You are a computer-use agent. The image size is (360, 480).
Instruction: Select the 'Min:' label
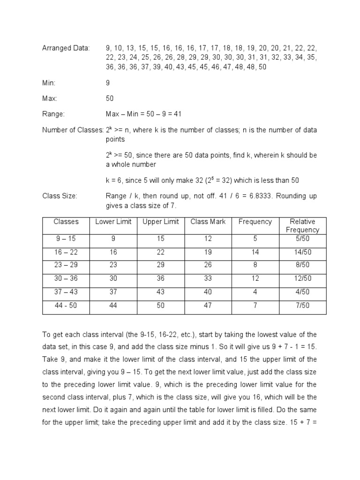[49, 82]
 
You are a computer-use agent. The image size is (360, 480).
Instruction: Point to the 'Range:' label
[53, 114]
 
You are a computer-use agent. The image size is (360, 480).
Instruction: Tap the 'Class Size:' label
[60, 196]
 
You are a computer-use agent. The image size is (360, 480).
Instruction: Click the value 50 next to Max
[110, 98]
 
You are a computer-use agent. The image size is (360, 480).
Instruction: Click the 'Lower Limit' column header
[113, 222]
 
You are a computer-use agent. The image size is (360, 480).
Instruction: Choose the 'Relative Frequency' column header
[302, 225]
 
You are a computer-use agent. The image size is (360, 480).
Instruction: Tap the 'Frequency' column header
[255, 222]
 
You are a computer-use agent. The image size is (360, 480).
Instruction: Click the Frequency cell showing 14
[255, 252]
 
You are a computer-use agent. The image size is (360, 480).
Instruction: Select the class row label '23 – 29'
[66, 265]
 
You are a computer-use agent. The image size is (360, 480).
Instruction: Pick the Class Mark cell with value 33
[208, 278]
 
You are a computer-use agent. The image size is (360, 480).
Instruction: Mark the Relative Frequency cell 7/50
[302, 306]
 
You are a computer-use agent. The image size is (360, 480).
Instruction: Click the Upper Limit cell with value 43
[160, 292]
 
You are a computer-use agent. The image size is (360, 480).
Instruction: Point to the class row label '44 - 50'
[66, 306]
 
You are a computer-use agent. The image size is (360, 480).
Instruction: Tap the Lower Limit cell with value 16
[113, 252]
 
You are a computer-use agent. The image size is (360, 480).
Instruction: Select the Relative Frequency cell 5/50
[302, 239]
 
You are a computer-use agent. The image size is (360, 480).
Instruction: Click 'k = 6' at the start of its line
[115, 180]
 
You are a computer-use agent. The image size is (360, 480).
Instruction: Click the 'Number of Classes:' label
[73, 130]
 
